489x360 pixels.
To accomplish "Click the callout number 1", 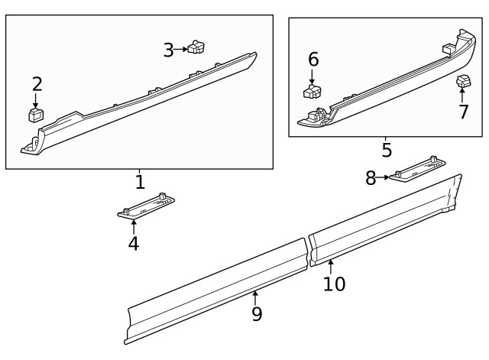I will click(139, 182).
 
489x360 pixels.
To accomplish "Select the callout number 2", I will click(36, 84).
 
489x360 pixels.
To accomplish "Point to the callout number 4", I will click(133, 243).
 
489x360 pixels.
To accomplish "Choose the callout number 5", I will click(387, 150).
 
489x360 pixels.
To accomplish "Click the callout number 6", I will click(313, 60).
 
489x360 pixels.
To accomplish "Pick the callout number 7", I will click(462, 112).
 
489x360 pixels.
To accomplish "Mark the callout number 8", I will click(371, 178).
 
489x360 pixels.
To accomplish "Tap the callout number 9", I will click(257, 313).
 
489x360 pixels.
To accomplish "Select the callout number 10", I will click(334, 284).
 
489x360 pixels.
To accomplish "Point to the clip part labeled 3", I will click(197, 47).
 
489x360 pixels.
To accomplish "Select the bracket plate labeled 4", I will click(147, 207).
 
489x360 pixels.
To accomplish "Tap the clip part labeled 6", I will click(313, 93).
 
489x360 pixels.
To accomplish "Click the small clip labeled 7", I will click(462, 81).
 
